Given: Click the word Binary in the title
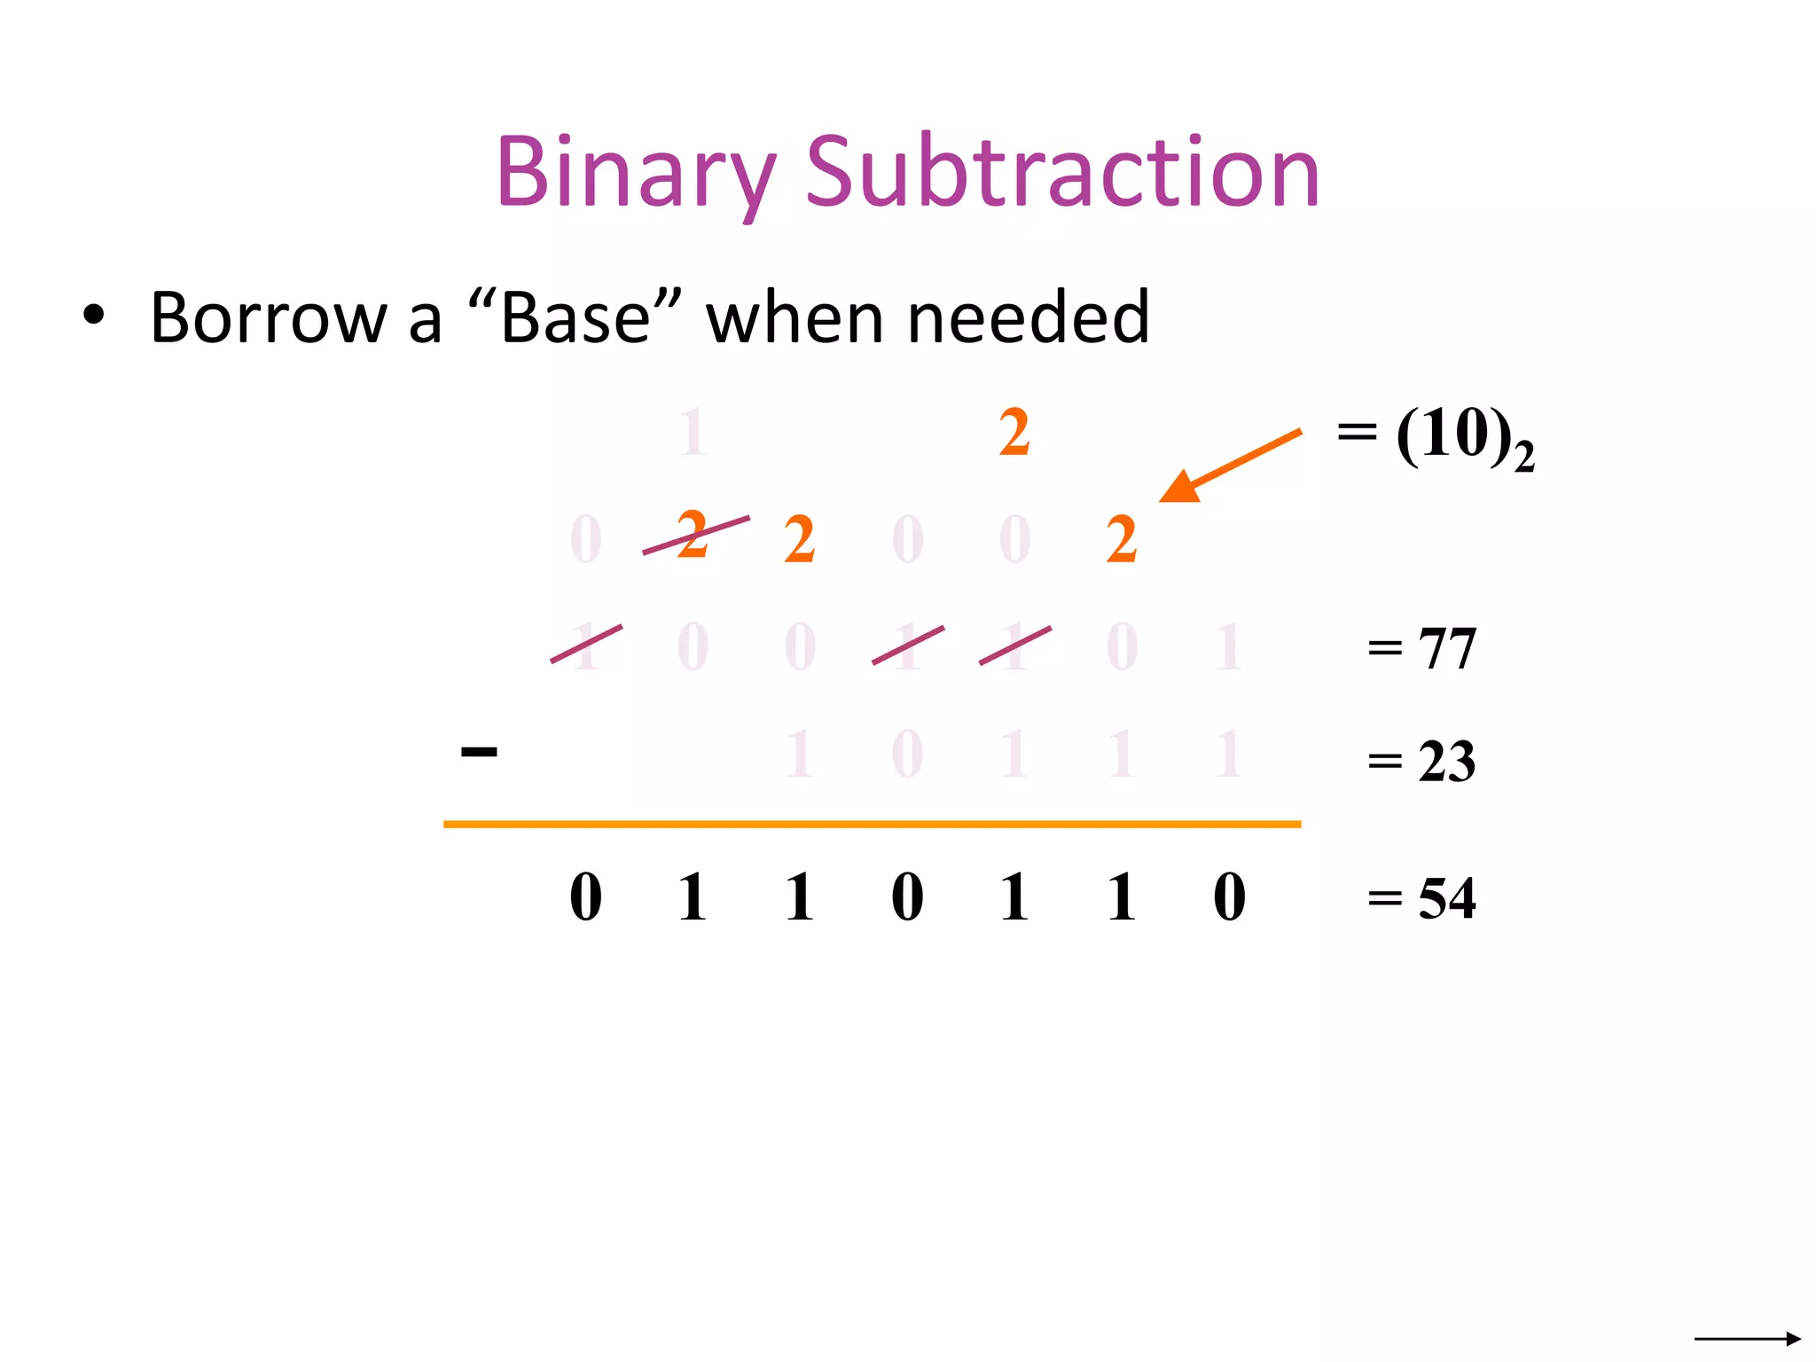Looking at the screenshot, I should click(x=635, y=173).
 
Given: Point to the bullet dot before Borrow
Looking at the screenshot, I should click(x=93, y=316).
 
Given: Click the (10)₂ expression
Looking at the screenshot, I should click(x=1463, y=438).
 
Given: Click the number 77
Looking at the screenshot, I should click(x=1447, y=649).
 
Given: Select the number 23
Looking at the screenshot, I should click(x=1446, y=762).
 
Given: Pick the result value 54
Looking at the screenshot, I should click(x=1446, y=899).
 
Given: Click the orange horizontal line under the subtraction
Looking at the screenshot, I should click(x=872, y=825).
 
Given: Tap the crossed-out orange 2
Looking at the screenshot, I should click(x=693, y=535).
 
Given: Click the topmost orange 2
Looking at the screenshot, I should click(x=1014, y=434).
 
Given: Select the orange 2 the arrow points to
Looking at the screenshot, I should click(x=1122, y=540).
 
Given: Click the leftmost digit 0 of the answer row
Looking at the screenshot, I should click(x=585, y=897).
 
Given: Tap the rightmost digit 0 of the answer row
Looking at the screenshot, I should click(x=1229, y=897).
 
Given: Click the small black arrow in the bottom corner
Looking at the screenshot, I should click(x=1747, y=1338).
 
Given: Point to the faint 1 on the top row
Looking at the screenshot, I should click(x=693, y=434).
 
